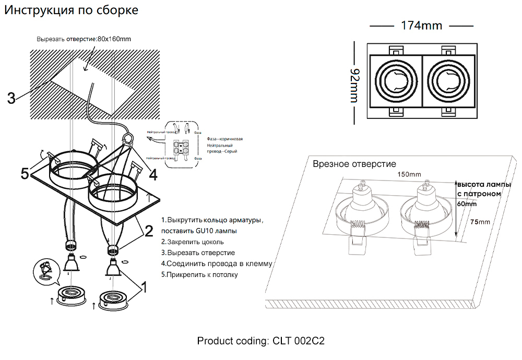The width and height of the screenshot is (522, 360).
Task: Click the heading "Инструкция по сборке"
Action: coord(72,10)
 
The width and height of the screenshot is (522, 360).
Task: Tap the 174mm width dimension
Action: coord(421,26)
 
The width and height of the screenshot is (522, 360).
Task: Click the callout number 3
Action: coord(11,98)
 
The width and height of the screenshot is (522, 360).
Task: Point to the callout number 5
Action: coord(25,174)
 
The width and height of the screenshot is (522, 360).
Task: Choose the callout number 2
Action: coord(148,230)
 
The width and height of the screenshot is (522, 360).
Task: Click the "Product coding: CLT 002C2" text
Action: coord(261,341)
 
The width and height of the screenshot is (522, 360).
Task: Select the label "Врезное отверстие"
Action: coord(354,164)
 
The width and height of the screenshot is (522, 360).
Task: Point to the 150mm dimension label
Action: coord(409,174)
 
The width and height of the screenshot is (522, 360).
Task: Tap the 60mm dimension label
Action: coord(466,204)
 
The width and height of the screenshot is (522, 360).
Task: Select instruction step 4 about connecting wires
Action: coord(217,263)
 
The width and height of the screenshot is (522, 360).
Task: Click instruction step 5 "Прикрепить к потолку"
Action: coord(199,274)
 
